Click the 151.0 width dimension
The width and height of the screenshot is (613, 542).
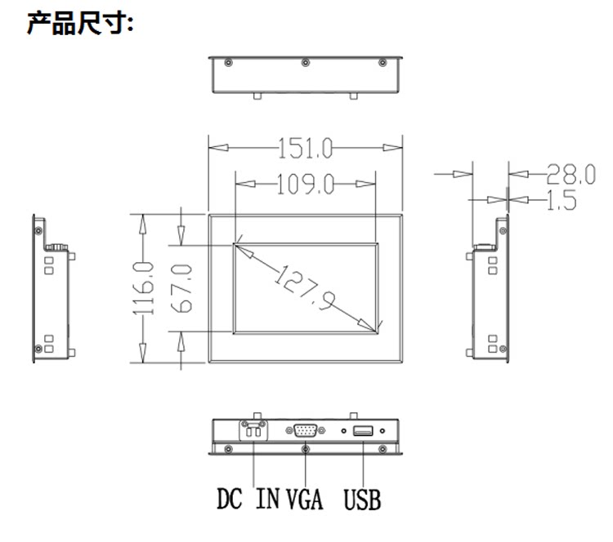(305, 148)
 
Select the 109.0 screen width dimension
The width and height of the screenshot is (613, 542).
(306, 184)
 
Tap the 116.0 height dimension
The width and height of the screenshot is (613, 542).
(143, 289)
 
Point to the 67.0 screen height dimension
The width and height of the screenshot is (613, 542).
(181, 289)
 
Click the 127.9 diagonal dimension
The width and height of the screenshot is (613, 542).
(304, 288)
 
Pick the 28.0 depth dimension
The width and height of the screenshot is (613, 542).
(570, 174)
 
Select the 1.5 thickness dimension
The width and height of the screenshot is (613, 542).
(562, 200)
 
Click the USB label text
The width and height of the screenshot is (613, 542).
(362, 500)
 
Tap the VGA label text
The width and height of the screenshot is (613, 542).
(305, 500)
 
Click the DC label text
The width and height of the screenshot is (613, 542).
(230, 499)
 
